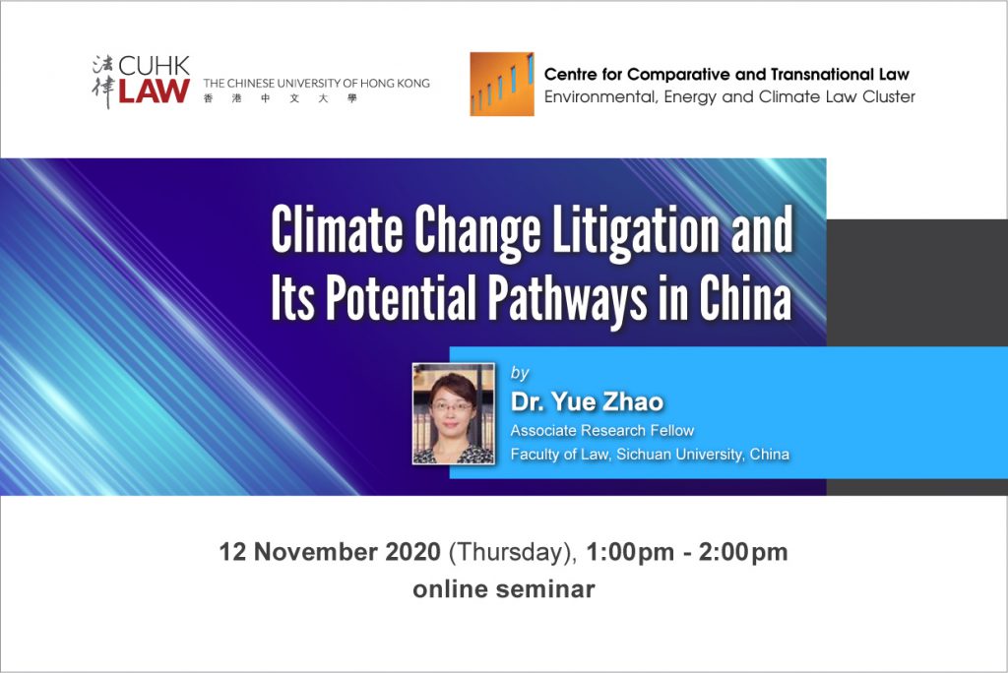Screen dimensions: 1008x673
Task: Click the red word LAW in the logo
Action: tap(154, 92)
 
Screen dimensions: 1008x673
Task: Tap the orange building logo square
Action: tap(502, 85)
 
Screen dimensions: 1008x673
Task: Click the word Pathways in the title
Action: tap(567, 298)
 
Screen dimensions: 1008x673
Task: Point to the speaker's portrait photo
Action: tap(453, 413)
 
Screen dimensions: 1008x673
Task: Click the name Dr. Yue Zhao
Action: tap(587, 401)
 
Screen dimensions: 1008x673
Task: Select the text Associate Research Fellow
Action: tap(602, 430)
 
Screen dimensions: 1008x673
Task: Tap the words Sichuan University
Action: tap(679, 454)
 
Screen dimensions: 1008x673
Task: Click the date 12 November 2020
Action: tap(330, 552)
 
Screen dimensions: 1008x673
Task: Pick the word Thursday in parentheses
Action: tap(511, 553)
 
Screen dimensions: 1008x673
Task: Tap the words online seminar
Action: tap(504, 588)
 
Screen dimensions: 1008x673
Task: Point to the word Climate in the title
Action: tap(337, 230)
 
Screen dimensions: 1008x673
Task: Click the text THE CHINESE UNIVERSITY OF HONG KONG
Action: tap(316, 84)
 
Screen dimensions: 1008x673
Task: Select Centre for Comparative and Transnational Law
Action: tap(726, 75)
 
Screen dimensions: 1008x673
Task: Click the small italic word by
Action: tap(520, 374)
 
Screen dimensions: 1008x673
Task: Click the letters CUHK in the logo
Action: tap(155, 66)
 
